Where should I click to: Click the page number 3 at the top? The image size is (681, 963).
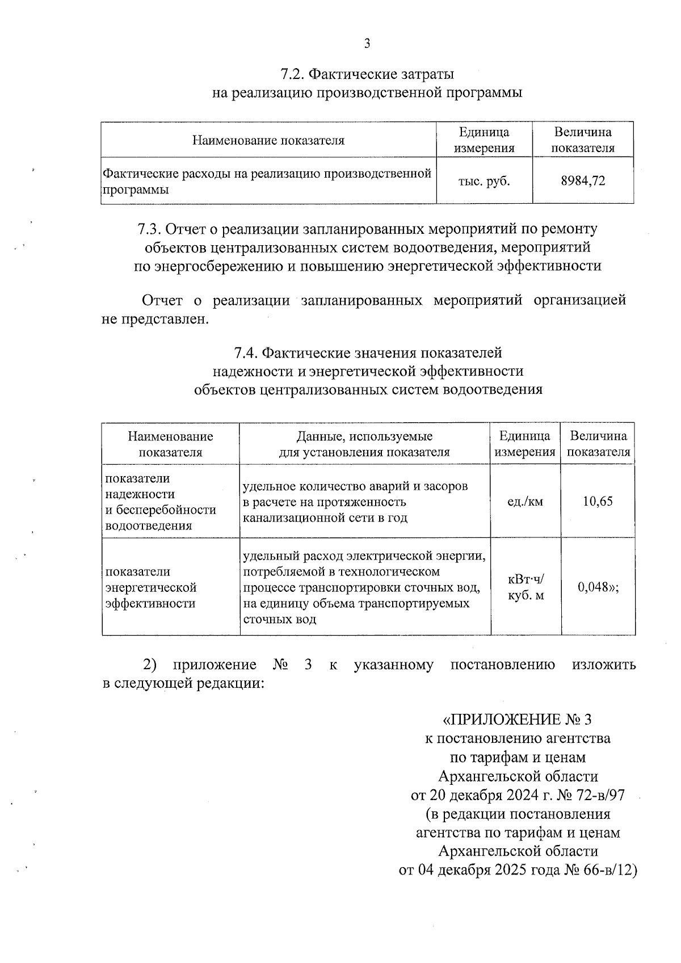click(x=367, y=44)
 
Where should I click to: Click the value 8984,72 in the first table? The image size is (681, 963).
click(x=583, y=181)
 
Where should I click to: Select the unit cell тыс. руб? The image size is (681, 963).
click(x=484, y=181)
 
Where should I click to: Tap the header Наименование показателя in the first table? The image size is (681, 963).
click(x=268, y=140)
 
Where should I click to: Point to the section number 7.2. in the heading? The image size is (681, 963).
click(x=294, y=74)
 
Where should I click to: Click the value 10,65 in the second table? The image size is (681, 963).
click(x=598, y=502)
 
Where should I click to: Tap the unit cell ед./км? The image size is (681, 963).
click(x=525, y=502)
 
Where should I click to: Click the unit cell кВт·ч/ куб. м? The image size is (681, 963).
click(x=526, y=587)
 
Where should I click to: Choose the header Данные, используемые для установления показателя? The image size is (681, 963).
click(x=364, y=444)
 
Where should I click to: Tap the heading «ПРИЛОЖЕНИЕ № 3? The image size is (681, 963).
click(x=516, y=720)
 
